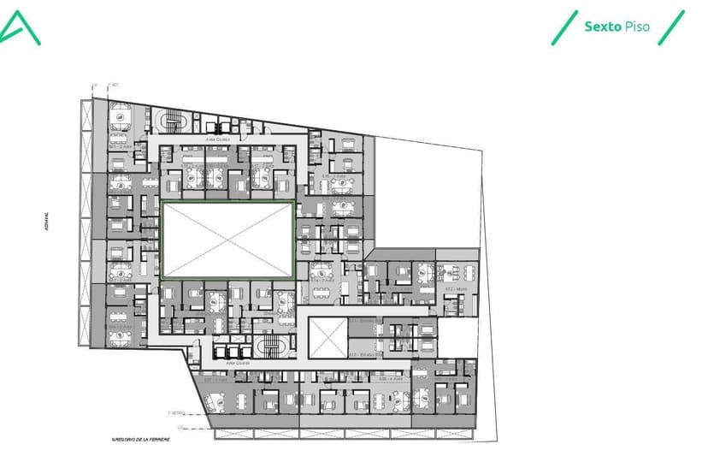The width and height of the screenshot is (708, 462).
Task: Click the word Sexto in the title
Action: pyautogui.click(x=601, y=27)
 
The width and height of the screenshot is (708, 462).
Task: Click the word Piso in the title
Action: pyautogui.click(x=636, y=27)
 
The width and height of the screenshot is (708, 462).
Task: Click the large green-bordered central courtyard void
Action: pyautogui.click(x=227, y=240)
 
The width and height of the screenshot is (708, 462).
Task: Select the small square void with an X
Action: pyautogui.click(x=328, y=338)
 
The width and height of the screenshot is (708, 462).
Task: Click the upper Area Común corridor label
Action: pyautogui.click(x=216, y=138)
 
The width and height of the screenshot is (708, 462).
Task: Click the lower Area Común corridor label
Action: pyautogui.click(x=237, y=362)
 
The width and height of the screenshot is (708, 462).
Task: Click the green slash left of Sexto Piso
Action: pyautogui.click(x=564, y=27)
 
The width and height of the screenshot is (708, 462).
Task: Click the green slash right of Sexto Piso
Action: pyautogui.click(x=674, y=27)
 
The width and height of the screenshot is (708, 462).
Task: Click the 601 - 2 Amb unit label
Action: pyautogui.click(x=120, y=146)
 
